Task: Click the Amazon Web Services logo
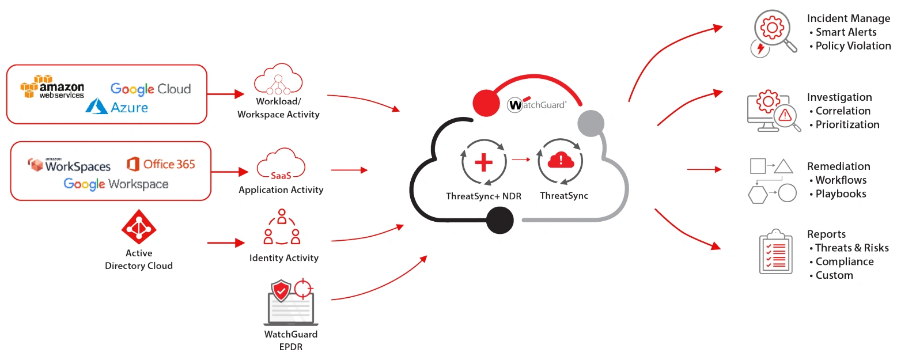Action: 52,87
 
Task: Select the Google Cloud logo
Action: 150,89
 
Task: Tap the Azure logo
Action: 117,106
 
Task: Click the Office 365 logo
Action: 161,164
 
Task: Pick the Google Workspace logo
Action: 116,184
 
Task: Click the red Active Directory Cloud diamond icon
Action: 138,227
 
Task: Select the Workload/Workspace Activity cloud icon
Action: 278,82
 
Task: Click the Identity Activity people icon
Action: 282,228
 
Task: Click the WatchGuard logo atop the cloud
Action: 536,105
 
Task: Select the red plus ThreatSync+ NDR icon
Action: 483,163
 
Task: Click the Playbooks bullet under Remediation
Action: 840,194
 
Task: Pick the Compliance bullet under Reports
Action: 844,262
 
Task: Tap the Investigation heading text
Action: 839,97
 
